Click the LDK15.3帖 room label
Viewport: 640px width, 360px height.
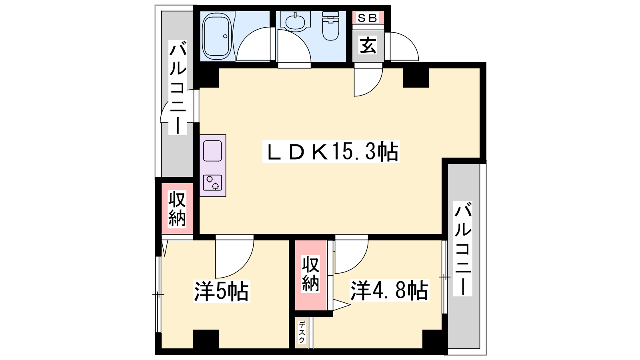coord(331,152)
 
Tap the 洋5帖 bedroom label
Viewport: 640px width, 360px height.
coord(222,292)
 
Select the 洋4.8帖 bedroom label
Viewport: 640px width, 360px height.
coord(390,290)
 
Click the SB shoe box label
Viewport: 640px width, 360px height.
coord(368,18)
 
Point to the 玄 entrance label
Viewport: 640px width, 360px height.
coord(368,46)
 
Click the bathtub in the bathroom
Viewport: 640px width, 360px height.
coord(216,36)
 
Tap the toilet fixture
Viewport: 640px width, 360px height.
coord(330,26)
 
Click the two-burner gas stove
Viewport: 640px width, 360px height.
coord(212,182)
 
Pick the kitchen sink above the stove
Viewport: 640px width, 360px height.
coord(212,151)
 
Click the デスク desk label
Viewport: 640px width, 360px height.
coord(302,332)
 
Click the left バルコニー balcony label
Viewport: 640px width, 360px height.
coord(178,88)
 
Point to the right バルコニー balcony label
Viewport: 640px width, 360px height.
coord(463,248)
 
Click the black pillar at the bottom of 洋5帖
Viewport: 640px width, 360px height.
coord(206,339)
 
